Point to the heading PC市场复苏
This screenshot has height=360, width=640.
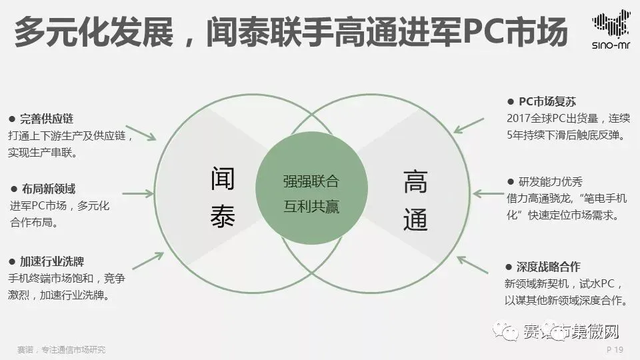coord(547,102)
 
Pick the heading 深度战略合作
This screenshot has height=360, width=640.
coord(553,267)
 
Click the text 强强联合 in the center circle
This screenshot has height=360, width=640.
coord(311,182)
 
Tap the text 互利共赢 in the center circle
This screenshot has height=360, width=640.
coord(311,207)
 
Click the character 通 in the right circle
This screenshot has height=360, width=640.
coord(415,219)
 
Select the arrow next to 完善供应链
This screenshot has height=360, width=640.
coord(141,133)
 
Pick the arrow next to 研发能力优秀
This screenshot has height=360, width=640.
coord(489,193)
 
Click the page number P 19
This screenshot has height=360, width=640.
coord(615,350)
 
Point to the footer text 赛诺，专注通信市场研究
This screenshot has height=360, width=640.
coord(61,350)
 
